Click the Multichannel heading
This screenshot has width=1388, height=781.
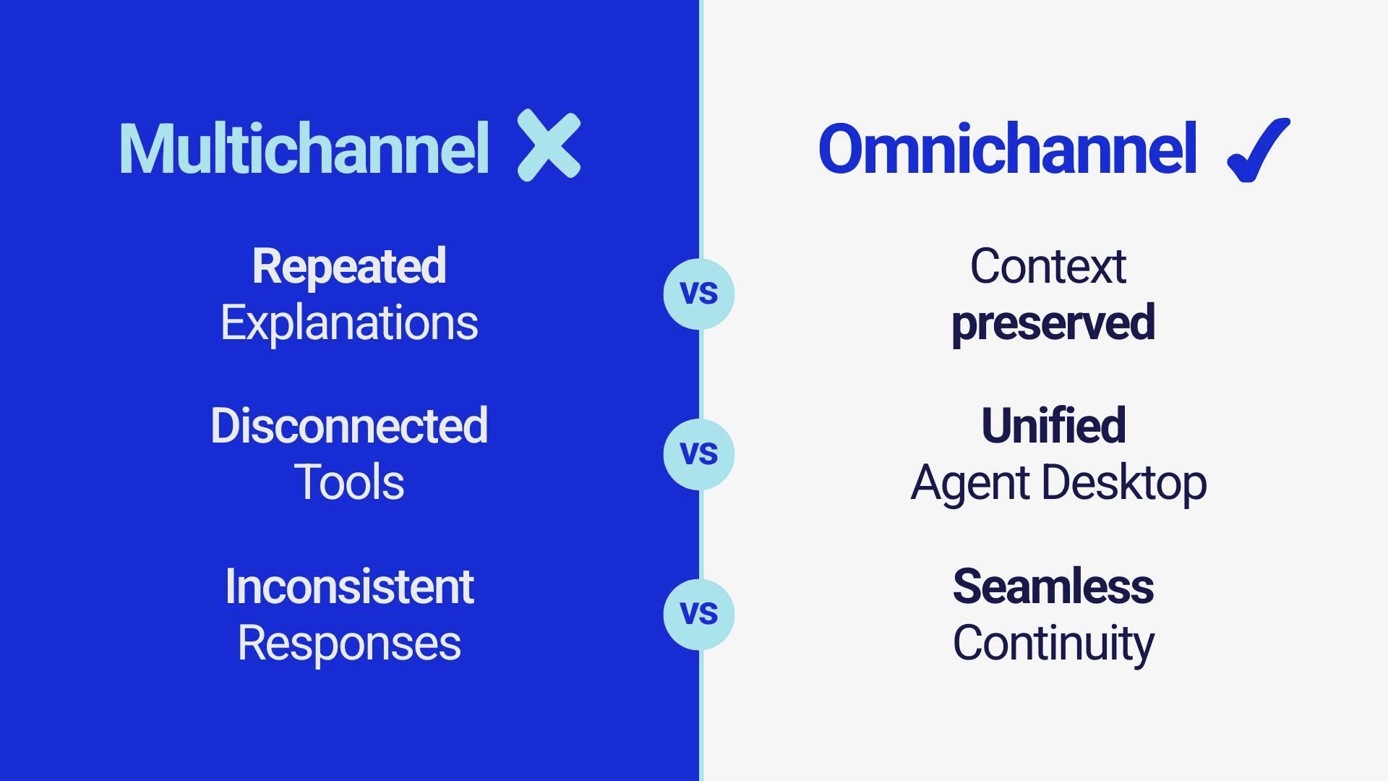[304, 148]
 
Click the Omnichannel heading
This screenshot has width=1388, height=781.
[1008, 148]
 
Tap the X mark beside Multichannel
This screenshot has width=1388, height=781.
[549, 145]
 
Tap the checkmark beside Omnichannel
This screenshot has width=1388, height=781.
[1259, 150]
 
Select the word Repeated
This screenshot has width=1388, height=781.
[349, 266]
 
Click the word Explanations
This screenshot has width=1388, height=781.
[349, 323]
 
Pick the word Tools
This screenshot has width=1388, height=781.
[349, 482]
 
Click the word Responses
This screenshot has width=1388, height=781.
[349, 644]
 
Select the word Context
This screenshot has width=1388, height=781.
[1048, 266]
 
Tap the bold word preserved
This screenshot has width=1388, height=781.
[1053, 324]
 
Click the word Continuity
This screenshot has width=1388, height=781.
[1053, 644]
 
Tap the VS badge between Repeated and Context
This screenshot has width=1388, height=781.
[699, 294]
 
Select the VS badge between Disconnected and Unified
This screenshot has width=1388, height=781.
[699, 454]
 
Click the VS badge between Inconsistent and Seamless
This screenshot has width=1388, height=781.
[699, 615]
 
